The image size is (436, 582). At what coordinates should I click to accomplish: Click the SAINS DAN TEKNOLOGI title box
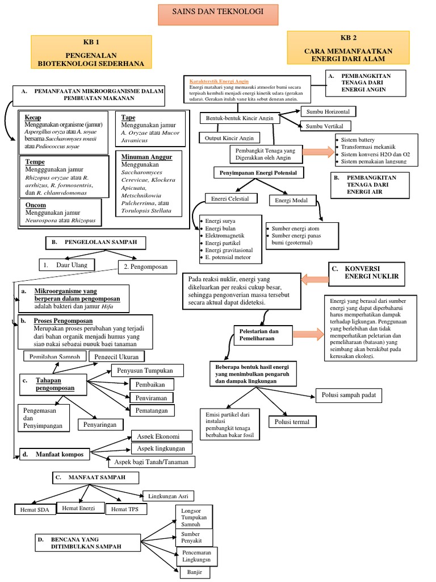pos(217,12)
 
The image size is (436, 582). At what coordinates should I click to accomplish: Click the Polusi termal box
pos(292,422)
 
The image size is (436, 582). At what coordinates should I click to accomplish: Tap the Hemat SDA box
pos(35,510)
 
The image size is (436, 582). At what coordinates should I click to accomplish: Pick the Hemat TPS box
pos(126,509)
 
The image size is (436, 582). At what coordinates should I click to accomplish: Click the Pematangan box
pos(152,410)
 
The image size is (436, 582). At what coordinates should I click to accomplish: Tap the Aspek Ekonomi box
pos(162,436)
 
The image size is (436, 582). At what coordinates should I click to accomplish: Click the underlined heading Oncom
pos(36,204)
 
